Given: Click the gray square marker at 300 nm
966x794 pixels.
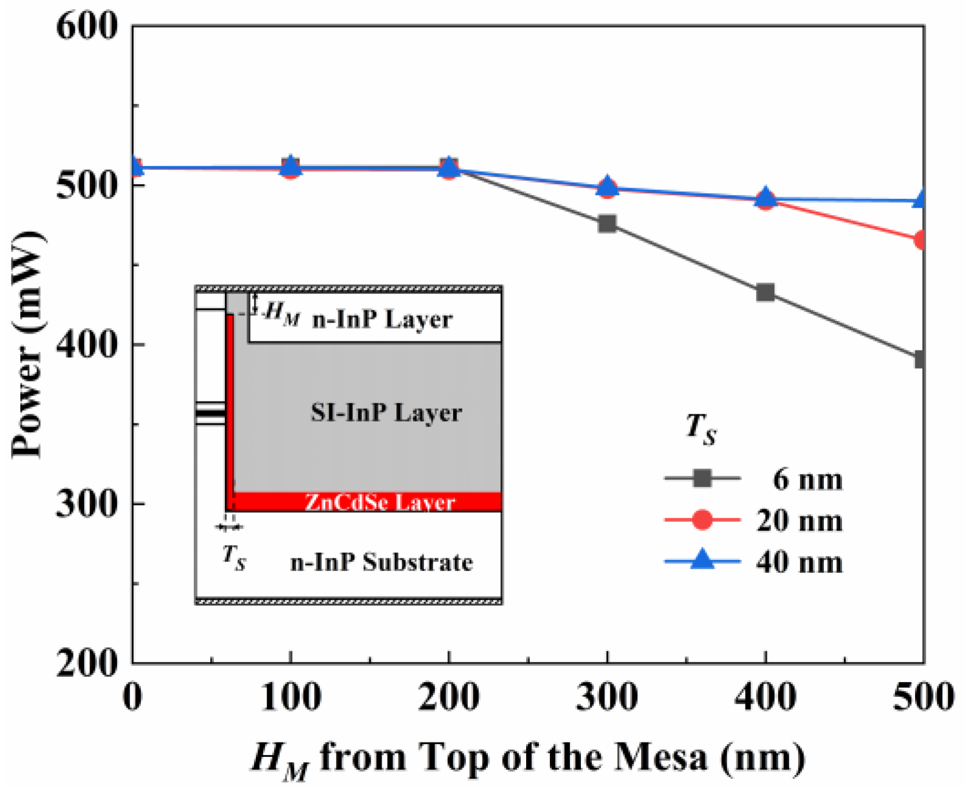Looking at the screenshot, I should [x=607, y=224].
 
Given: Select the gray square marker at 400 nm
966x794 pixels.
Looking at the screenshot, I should [x=766, y=293].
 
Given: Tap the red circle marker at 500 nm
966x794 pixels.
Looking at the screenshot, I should [x=920, y=241].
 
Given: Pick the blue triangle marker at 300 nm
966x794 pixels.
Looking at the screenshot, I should [x=607, y=187].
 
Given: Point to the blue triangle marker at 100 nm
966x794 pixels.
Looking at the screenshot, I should [x=291, y=165].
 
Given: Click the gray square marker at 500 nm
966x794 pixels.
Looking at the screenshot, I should [x=920, y=359].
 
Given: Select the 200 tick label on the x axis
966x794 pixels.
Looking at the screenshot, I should [x=449, y=697].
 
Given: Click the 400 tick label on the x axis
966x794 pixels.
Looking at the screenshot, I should [x=766, y=697].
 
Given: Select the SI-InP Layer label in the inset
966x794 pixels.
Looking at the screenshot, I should [x=386, y=413].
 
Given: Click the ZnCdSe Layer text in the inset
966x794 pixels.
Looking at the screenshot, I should [x=380, y=502].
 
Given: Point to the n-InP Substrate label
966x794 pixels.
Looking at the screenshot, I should [x=382, y=562].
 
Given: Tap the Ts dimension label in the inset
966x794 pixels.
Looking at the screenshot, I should [x=234, y=556].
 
